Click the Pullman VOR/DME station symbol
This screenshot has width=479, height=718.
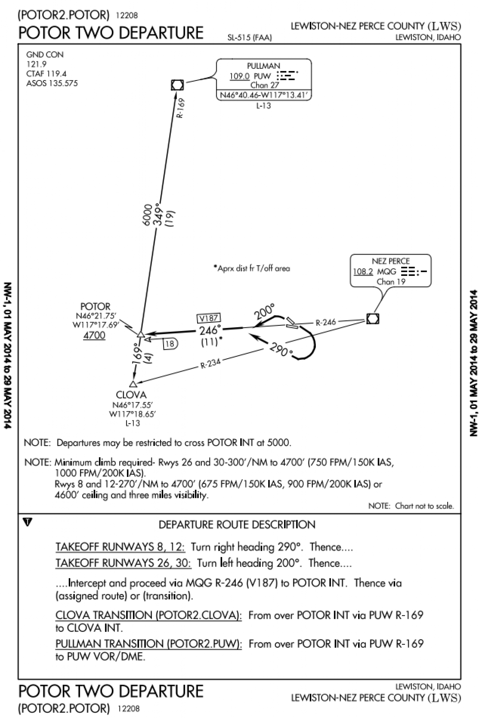point(177,85)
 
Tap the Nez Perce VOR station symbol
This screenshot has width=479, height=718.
point(372,319)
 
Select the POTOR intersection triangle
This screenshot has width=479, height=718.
point(141,334)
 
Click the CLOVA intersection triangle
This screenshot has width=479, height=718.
point(133,384)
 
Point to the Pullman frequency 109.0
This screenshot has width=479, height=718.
point(239,76)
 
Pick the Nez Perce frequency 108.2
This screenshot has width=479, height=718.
point(363,271)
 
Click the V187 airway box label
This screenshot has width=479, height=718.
point(208,318)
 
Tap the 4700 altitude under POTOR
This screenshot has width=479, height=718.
point(94,335)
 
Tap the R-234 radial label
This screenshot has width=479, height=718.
point(210,363)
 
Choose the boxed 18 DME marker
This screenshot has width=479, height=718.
point(170,344)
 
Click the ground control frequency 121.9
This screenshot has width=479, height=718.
point(36,64)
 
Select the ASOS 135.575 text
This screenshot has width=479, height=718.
point(52,83)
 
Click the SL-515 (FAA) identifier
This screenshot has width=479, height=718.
point(250,37)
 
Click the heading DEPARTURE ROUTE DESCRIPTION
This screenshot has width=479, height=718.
point(237,524)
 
